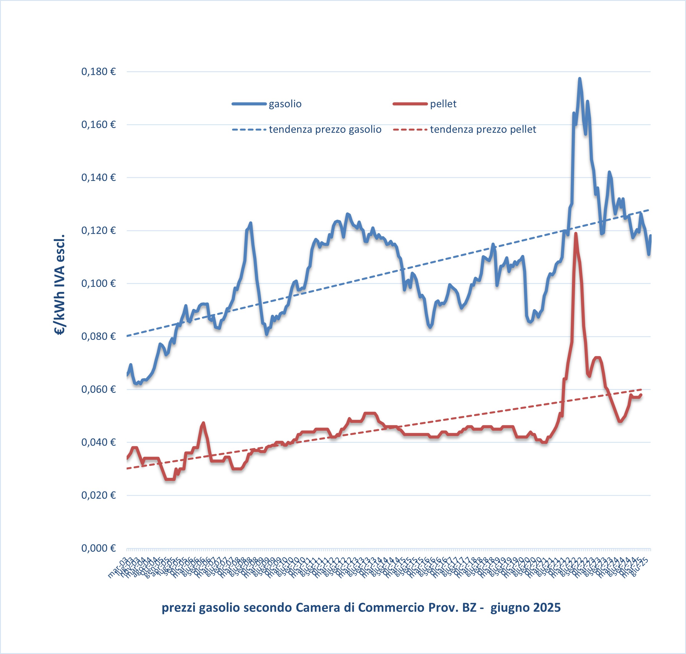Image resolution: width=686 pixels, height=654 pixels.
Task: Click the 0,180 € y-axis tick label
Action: pyautogui.click(x=98, y=72)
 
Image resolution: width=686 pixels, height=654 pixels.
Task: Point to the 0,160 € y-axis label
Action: pyautogui.click(x=98, y=124)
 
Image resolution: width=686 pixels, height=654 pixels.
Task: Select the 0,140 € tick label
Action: pyautogui.click(x=98, y=178)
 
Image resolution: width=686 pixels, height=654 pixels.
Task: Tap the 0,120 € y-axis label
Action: pyautogui.click(x=98, y=230)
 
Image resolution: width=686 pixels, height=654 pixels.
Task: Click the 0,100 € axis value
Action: pyautogui.click(x=98, y=284)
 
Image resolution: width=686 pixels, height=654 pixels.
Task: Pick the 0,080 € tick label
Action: pyautogui.click(x=98, y=336)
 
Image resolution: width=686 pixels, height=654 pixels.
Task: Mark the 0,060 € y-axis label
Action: pyautogui.click(x=98, y=389)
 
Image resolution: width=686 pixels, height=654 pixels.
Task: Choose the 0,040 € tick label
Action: pyautogui.click(x=98, y=442)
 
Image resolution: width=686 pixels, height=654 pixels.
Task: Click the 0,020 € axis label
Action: pyautogui.click(x=98, y=495)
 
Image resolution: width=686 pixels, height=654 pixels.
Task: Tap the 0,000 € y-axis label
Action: pyautogui.click(x=98, y=548)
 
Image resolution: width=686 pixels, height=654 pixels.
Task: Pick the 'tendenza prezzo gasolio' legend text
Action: pyautogui.click(x=325, y=129)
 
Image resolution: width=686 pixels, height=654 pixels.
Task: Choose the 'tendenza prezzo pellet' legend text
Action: pyautogui.click(x=483, y=129)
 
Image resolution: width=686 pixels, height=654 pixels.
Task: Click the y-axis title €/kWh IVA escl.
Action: pyautogui.click(x=60, y=284)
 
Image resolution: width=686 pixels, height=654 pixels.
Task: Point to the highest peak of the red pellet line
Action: pyautogui.click(x=576, y=233)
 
